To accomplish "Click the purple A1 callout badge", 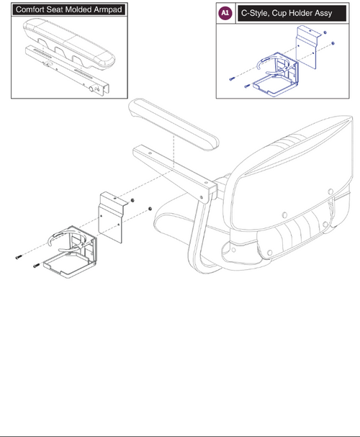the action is [x=225, y=13].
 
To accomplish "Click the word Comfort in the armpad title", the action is [x=30, y=9].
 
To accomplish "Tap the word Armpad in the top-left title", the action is [x=108, y=10].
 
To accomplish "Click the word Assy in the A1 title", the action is [x=324, y=14].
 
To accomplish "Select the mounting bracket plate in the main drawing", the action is [x=112, y=217].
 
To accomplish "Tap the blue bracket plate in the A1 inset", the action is [x=307, y=48].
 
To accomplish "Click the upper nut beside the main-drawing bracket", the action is [x=132, y=200].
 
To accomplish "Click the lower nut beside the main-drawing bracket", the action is [x=150, y=209].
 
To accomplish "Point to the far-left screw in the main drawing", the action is [x=19, y=257].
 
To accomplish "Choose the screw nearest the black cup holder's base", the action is [x=37, y=266].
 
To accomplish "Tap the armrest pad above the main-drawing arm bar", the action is [x=174, y=124].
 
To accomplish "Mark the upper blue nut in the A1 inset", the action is [x=325, y=33].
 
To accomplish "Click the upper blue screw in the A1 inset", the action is [x=232, y=79].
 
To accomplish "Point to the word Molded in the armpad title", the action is [x=79, y=9].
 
